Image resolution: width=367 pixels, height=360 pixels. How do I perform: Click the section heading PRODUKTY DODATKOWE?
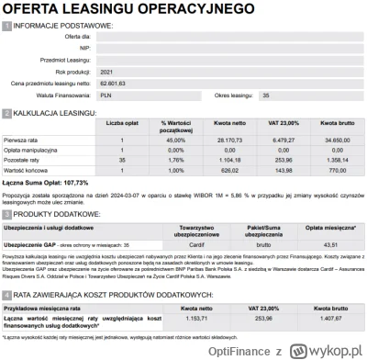coord(60,211)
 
